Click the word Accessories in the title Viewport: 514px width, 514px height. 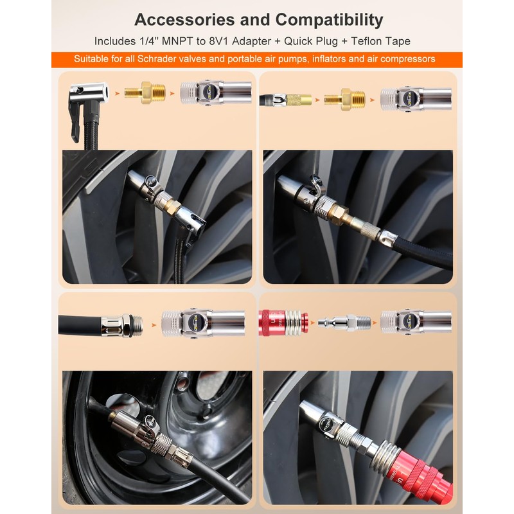click(184, 20)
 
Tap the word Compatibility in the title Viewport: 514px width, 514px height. click(329, 21)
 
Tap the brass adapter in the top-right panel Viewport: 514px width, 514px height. click(344, 100)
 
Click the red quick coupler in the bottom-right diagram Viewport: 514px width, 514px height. click(283, 323)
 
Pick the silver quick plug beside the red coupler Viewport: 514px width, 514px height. click(344, 323)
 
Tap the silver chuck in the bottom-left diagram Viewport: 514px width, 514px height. click(203, 323)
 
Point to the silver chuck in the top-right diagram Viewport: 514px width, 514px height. click(416, 100)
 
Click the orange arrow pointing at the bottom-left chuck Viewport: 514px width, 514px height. click(154, 325)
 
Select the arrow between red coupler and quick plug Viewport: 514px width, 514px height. click(312, 323)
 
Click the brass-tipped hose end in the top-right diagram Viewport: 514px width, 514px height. click(285, 100)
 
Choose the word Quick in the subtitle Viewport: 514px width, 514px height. click(298, 41)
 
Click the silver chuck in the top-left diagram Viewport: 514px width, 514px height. click(217, 93)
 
